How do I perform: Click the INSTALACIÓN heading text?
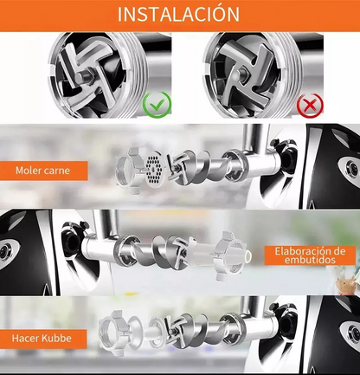178,14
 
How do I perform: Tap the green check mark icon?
157,104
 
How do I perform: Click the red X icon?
310,105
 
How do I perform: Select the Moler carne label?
42,171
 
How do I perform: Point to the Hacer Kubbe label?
42,338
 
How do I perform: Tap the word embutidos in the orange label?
310,260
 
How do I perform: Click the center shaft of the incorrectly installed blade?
240,76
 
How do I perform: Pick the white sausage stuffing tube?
219,254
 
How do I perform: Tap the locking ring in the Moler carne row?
128,171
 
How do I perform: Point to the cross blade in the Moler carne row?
177,168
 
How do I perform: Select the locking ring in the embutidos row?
228,255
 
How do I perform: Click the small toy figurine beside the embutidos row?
346,284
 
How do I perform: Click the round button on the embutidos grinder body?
5,252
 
